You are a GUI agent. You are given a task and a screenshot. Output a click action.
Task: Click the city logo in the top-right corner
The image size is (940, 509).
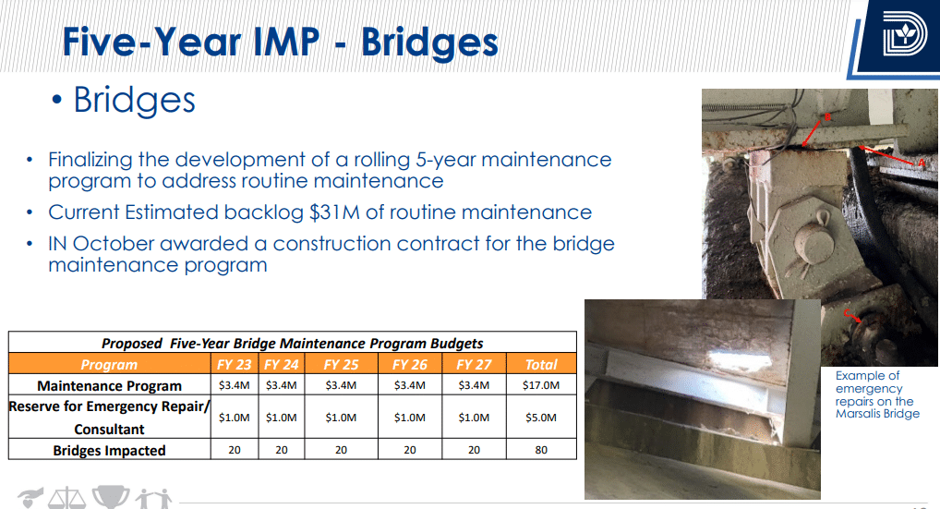[905, 34]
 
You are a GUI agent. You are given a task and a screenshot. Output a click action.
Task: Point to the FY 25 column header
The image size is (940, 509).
[341, 365]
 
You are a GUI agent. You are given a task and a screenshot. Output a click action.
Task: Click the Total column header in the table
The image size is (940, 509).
[541, 365]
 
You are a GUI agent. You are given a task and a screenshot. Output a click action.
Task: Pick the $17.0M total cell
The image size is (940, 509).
[541, 385]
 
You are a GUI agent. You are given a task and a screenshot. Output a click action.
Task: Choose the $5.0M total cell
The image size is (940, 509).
[541, 418]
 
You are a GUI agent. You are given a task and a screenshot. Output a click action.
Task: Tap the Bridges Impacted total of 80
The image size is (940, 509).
[541, 450]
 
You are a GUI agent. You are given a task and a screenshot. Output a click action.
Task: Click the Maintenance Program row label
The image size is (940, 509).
[109, 385]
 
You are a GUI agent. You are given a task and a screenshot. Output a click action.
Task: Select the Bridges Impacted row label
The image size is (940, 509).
[109, 450]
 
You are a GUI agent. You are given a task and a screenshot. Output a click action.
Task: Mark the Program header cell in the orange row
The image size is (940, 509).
[109, 365]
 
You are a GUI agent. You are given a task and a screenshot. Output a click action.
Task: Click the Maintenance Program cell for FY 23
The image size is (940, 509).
[234, 385]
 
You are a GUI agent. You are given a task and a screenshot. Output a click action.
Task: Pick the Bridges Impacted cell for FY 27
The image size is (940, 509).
[474, 450]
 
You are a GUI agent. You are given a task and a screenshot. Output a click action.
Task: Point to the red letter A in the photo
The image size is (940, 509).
[922, 164]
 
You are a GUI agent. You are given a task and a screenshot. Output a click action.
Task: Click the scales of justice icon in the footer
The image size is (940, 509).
[67, 498]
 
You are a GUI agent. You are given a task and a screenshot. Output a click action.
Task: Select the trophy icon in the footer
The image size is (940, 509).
[111, 497]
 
